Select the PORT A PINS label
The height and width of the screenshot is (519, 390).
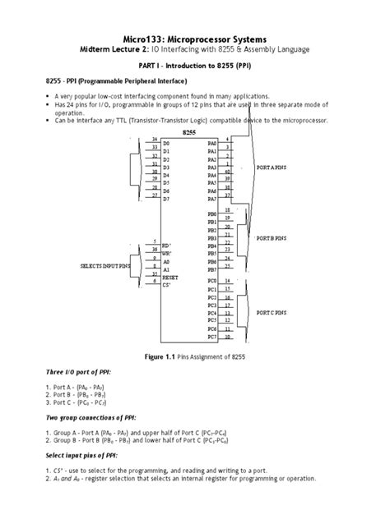[x=273, y=167]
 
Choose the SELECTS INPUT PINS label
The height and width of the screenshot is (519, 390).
[x=104, y=267]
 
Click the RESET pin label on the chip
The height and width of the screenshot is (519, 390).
[x=170, y=278]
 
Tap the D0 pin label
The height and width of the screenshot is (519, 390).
[x=166, y=144]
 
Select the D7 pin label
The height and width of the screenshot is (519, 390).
[x=166, y=199]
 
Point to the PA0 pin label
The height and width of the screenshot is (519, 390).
[x=212, y=144]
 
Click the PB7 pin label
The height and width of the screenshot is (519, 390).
[x=212, y=269]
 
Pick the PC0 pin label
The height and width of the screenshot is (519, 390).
[x=212, y=282]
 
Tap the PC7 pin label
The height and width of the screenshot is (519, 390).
[x=212, y=337]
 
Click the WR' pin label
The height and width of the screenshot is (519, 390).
[x=167, y=254]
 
